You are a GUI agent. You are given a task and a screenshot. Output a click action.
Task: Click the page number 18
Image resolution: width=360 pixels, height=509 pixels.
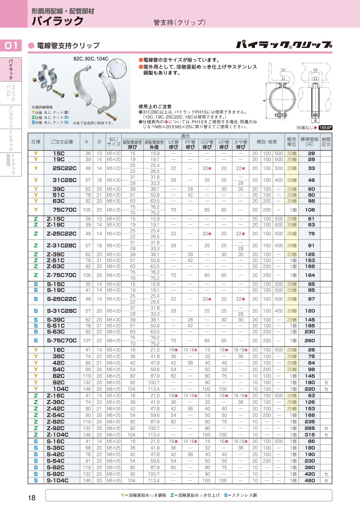pos(32,498)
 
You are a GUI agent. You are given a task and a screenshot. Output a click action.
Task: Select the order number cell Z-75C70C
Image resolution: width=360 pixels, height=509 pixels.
pos(62,275)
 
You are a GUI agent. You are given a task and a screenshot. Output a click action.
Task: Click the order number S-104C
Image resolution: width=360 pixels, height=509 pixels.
pos(58,480)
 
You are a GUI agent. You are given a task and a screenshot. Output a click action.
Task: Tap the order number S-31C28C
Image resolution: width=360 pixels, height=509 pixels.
pos(62,311)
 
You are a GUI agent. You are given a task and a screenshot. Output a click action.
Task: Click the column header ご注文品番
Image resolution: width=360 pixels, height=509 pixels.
pos(62,142)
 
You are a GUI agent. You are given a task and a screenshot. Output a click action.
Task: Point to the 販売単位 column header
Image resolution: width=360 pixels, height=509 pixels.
pos(291,142)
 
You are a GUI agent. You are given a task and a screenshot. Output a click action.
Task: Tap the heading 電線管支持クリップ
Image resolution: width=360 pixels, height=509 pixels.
pos(68,46)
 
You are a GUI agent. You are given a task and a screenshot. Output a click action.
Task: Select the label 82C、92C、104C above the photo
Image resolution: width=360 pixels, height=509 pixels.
pos(91,58)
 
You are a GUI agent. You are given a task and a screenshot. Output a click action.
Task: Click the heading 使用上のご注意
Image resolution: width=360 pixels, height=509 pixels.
pos(155,106)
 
